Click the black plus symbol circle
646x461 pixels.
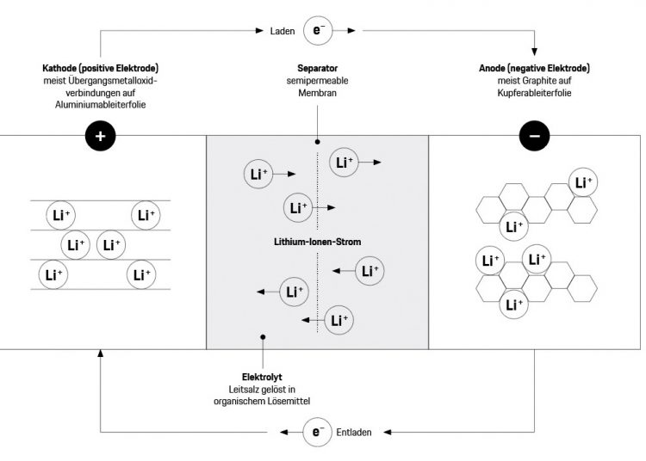click(x=101, y=137)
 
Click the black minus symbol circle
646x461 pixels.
click(x=535, y=137)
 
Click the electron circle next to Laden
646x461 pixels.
click(x=318, y=31)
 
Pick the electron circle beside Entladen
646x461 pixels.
click(x=318, y=430)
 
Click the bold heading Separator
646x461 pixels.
click(x=316, y=67)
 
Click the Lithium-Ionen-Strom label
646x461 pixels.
click(x=318, y=243)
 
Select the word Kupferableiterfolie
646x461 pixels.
click(x=534, y=91)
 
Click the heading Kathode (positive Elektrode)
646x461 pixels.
click(x=102, y=67)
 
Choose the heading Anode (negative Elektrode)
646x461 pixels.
click(x=534, y=67)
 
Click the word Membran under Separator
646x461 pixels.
click(x=316, y=91)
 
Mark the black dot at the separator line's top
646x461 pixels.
click(x=318, y=141)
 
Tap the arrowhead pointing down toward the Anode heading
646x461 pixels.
click(x=535, y=50)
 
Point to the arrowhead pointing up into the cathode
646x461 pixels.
click(x=101, y=355)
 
